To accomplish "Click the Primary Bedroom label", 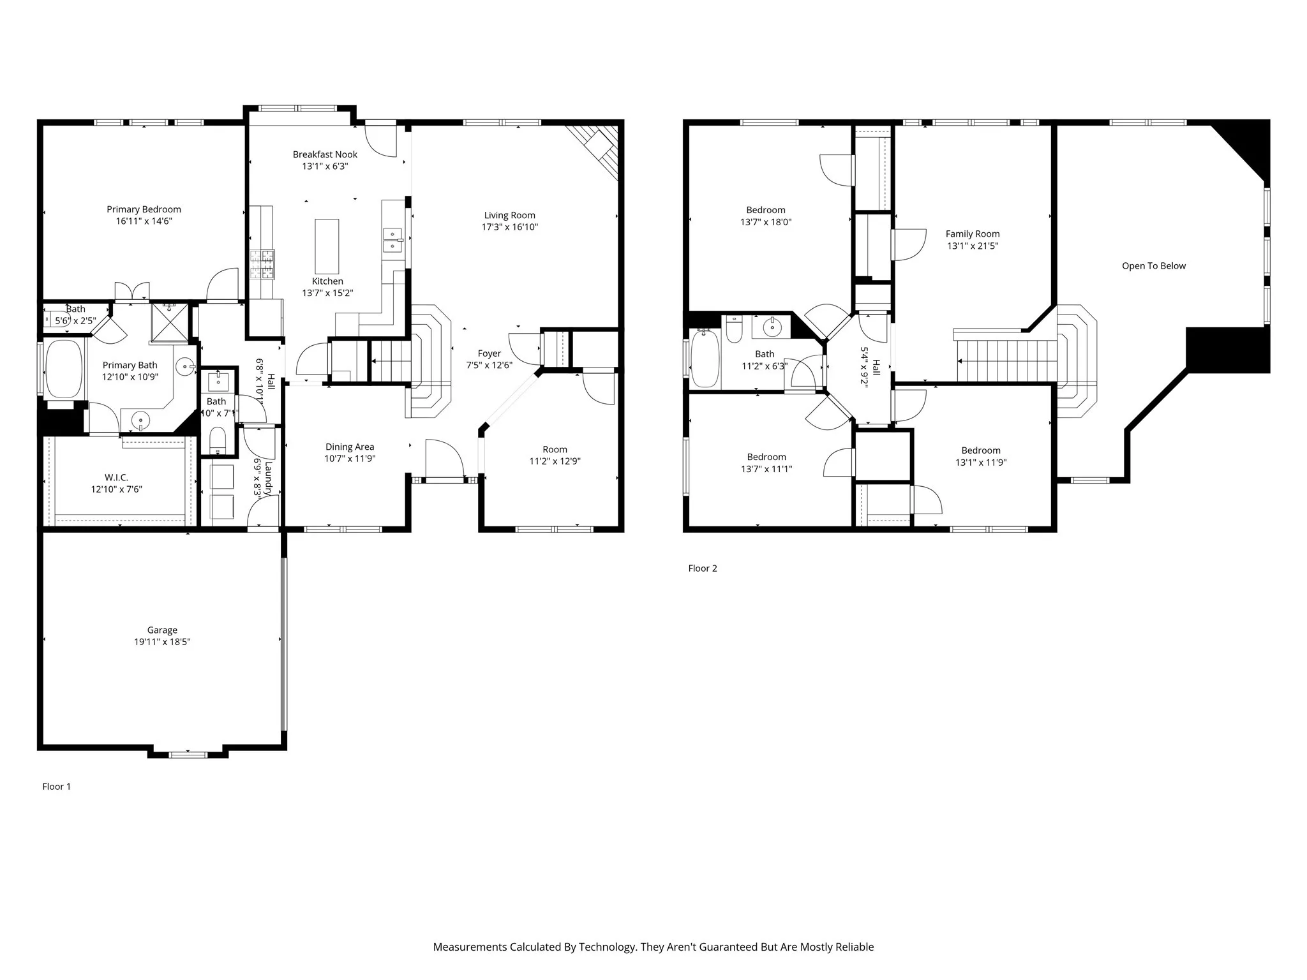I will pyautogui.click(x=144, y=209).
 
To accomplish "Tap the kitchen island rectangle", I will pyautogui.click(x=327, y=246).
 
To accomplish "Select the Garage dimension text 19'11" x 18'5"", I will pyautogui.click(x=162, y=642).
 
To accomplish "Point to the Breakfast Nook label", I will pyautogui.click(x=325, y=154).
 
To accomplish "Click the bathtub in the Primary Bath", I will pyautogui.click(x=64, y=369).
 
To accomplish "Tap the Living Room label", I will pyautogui.click(x=509, y=216).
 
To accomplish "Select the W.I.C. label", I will pyautogui.click(x=116, y=477).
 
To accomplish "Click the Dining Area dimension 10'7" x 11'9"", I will pyautogui.click(x=350, y=459).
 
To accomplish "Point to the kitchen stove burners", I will pyautogui.click(x=262, y=264).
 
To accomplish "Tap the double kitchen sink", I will pyautogui.click(x=392, y=241).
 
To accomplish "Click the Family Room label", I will pyautogui.click(x=973, y=234).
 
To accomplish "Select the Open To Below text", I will pyautogui.click(x=1154, y=266).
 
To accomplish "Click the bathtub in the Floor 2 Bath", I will pyautogui.click(x=705, y=359).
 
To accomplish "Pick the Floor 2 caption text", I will pyautogui.click(x=703, y=568).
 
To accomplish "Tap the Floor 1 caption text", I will pyautogui.click(x=57, y=787).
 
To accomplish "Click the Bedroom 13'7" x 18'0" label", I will pyautogui.click(x=766, y=211).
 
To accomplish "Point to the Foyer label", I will pyautogui.click(x=489, y=353).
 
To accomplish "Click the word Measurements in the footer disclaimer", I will pyautogui.click(x=470, y=947).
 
